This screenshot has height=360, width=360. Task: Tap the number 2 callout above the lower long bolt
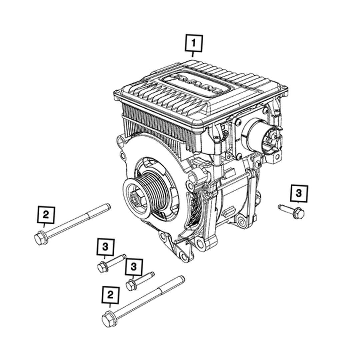point(110,295)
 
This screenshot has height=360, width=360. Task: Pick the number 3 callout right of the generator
point(299,193)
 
